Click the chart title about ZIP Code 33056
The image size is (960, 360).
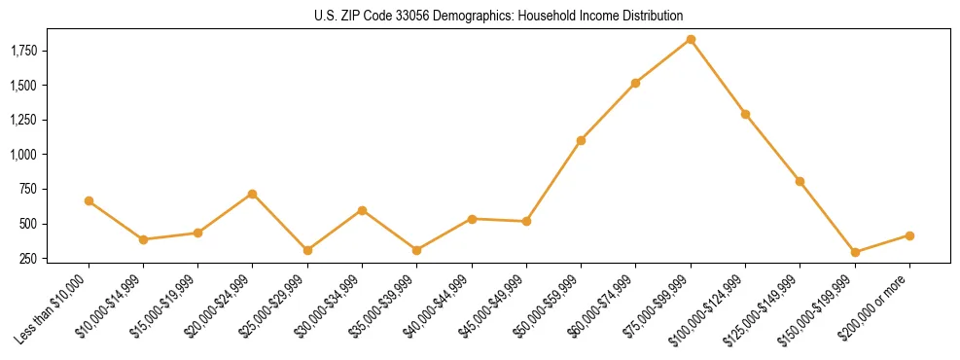[499, 16]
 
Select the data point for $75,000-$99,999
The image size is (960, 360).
[691, 39]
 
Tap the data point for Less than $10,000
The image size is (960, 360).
[89, 200]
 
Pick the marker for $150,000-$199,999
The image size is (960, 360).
[855, 252]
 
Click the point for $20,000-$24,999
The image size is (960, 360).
[253, 194]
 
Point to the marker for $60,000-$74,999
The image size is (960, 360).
[635, 83]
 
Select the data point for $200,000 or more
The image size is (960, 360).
[909, 235]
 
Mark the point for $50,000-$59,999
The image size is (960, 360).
[581, 140]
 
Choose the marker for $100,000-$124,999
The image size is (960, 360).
[745, 114]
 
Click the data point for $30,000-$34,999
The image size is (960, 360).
[362, 210]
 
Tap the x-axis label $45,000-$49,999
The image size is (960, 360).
[491, 310]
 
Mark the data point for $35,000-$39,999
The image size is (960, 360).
[416, 250]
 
